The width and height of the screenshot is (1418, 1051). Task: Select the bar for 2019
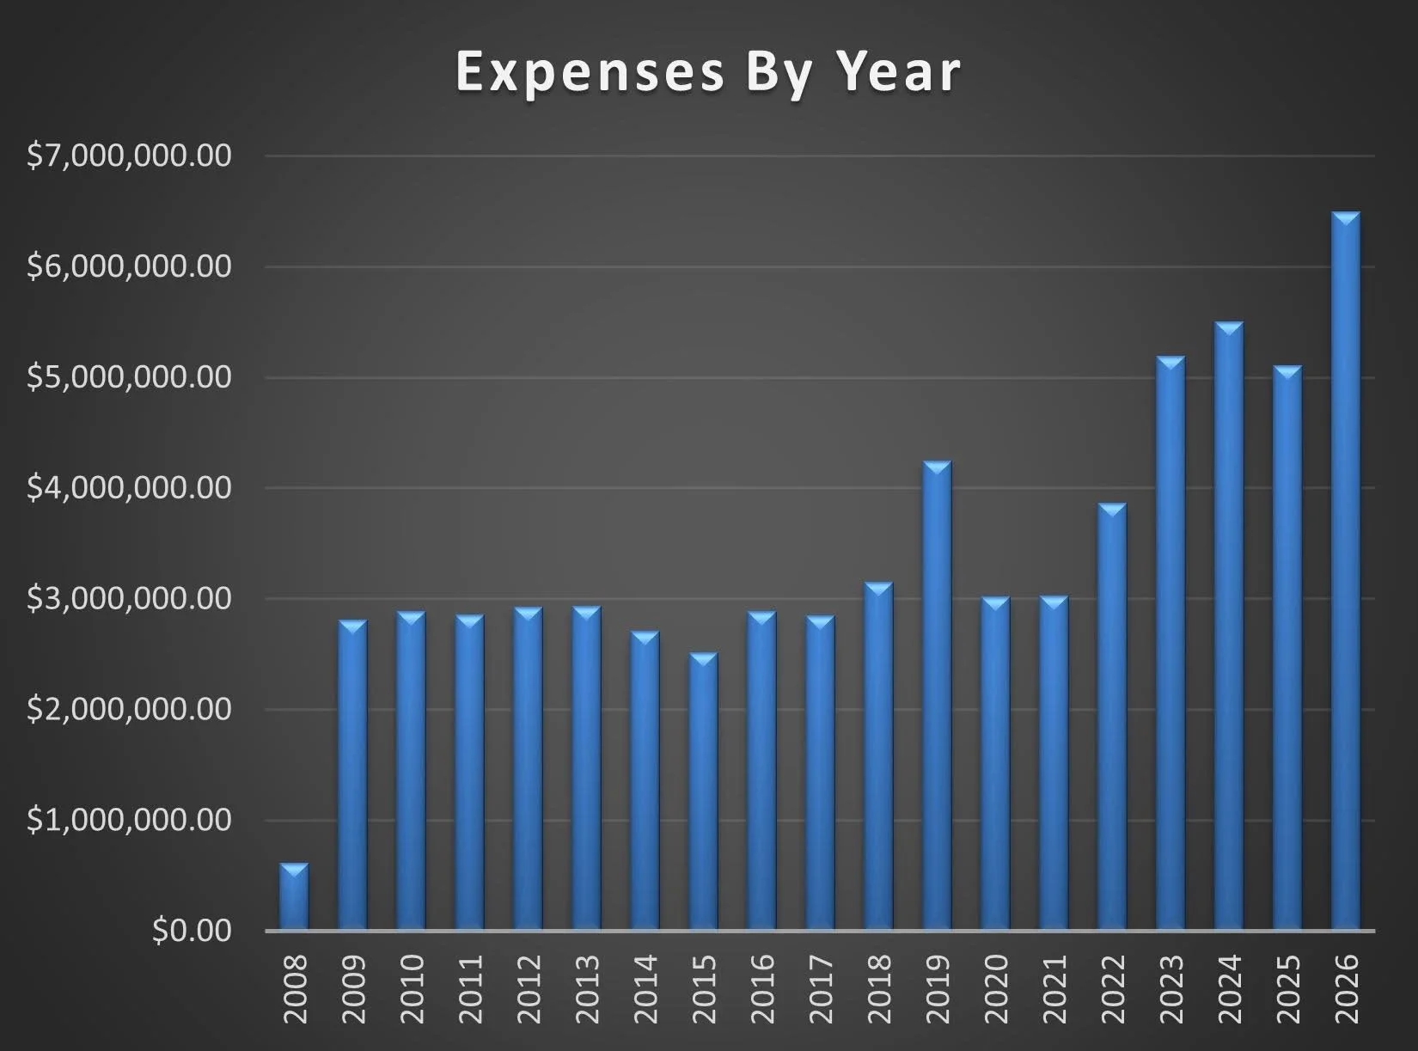(937, 696)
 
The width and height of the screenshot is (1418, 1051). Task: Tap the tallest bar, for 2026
(1346, 571)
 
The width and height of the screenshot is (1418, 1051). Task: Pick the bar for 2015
(703, 791)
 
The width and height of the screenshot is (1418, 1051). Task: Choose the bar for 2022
(1112, 717)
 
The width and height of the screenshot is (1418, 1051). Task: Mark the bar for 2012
(528, 769)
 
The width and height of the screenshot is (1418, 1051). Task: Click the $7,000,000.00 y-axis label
(130, 156)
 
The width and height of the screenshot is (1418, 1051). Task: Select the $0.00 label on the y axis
(192, 931)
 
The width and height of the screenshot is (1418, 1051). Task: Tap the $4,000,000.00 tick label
(130, 488)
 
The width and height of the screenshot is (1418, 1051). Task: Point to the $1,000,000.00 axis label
(130, 820)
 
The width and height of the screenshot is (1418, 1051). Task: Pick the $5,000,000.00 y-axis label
(130, 377)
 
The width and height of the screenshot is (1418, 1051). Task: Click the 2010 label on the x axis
(412, 988)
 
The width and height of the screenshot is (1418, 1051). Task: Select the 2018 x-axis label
(879, 988)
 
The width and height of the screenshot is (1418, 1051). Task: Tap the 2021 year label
(1054, 988)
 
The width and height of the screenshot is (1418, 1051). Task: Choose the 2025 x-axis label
(1288, 988)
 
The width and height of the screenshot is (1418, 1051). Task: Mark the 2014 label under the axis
(645, 988)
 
